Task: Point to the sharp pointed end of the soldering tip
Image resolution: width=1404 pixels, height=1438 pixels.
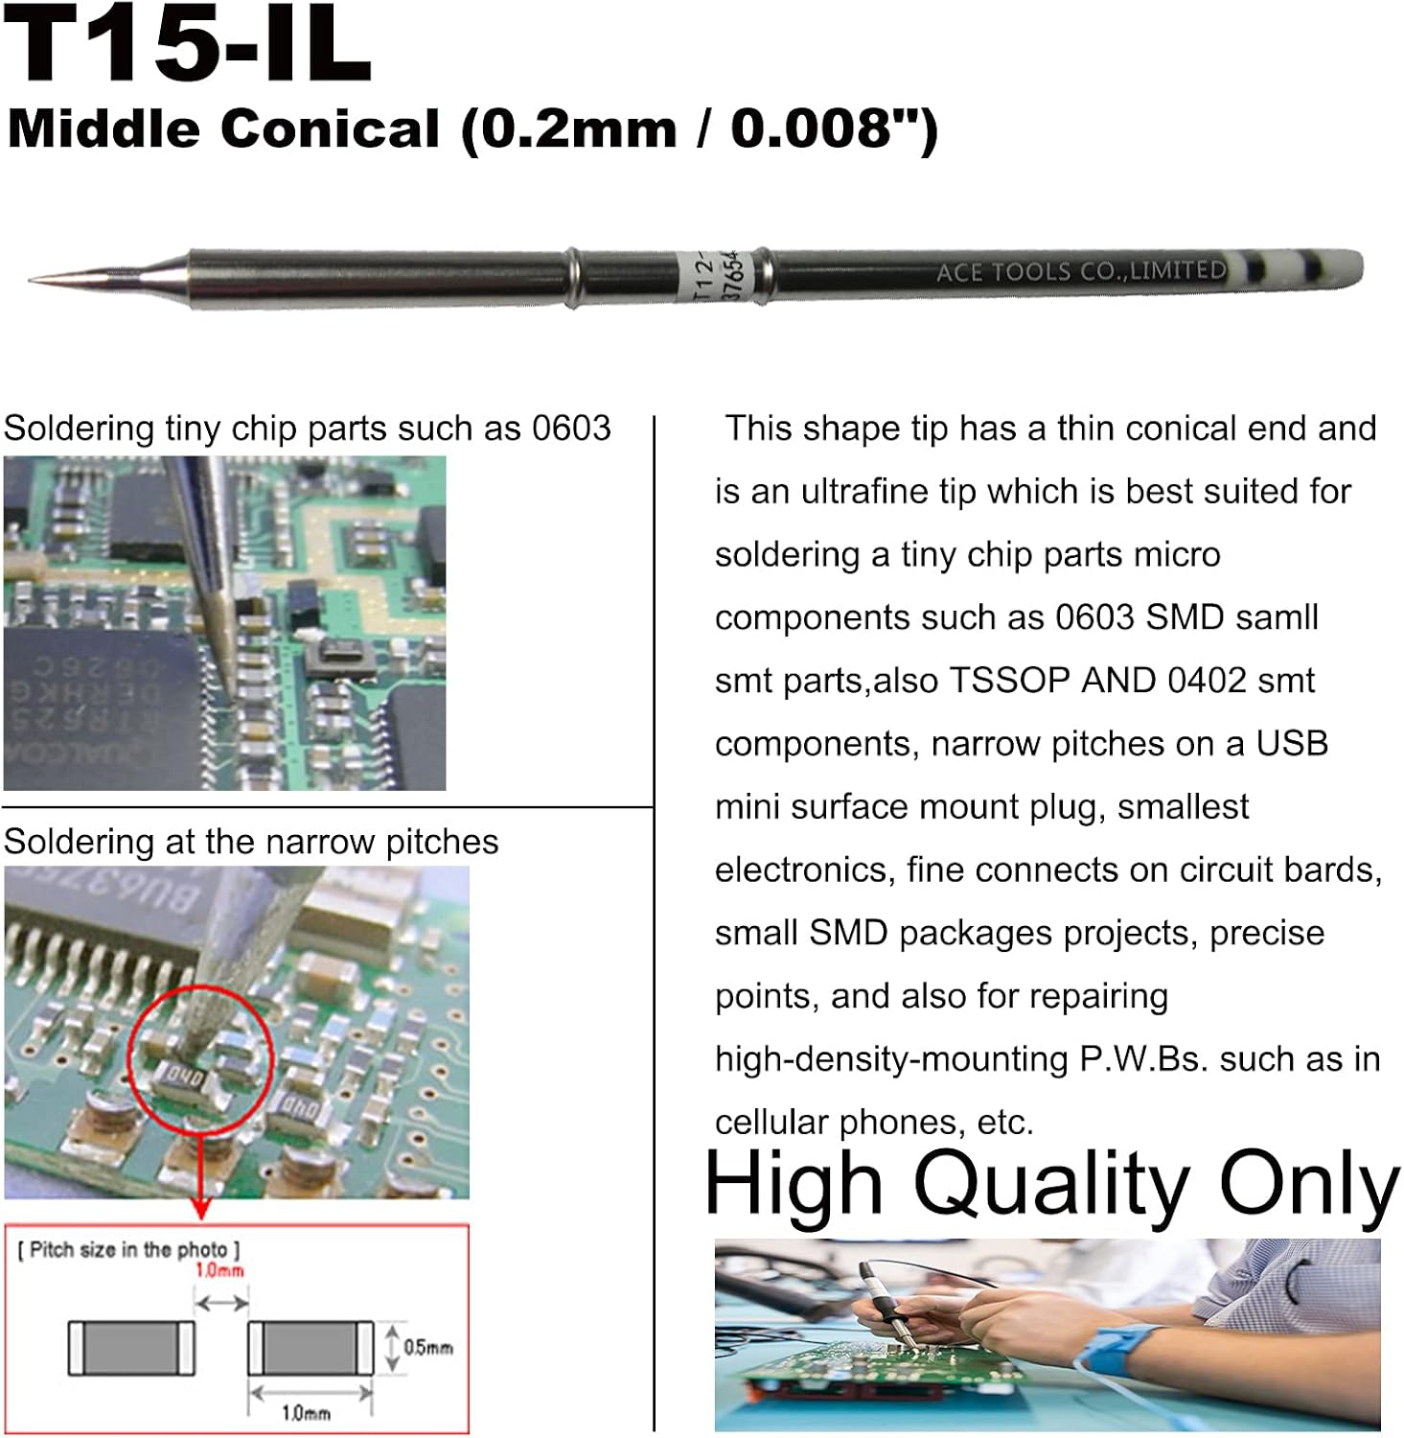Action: pyautogui.click(x=35, y=279)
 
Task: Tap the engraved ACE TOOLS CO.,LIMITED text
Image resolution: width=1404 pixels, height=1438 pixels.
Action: pyautogui.click(x=1080, y=271)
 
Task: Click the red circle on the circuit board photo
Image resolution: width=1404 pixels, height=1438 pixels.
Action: pyautogui.click(x=200, y=1059)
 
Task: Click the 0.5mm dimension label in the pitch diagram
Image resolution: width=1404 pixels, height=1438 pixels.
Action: pyautogui.click(x=427, y=1347)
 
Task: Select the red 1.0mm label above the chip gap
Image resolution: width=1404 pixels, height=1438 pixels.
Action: pyautogui.click(x=219, y=1270)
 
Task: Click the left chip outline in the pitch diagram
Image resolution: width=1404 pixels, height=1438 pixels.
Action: pyautogui.click(x=131, y=1347)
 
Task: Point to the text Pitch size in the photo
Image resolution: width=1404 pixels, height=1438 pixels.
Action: pyautogui.click(x=128, y=1249)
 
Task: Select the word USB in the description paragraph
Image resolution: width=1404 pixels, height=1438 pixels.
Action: pyautogui.click(x=1291, y=743)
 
